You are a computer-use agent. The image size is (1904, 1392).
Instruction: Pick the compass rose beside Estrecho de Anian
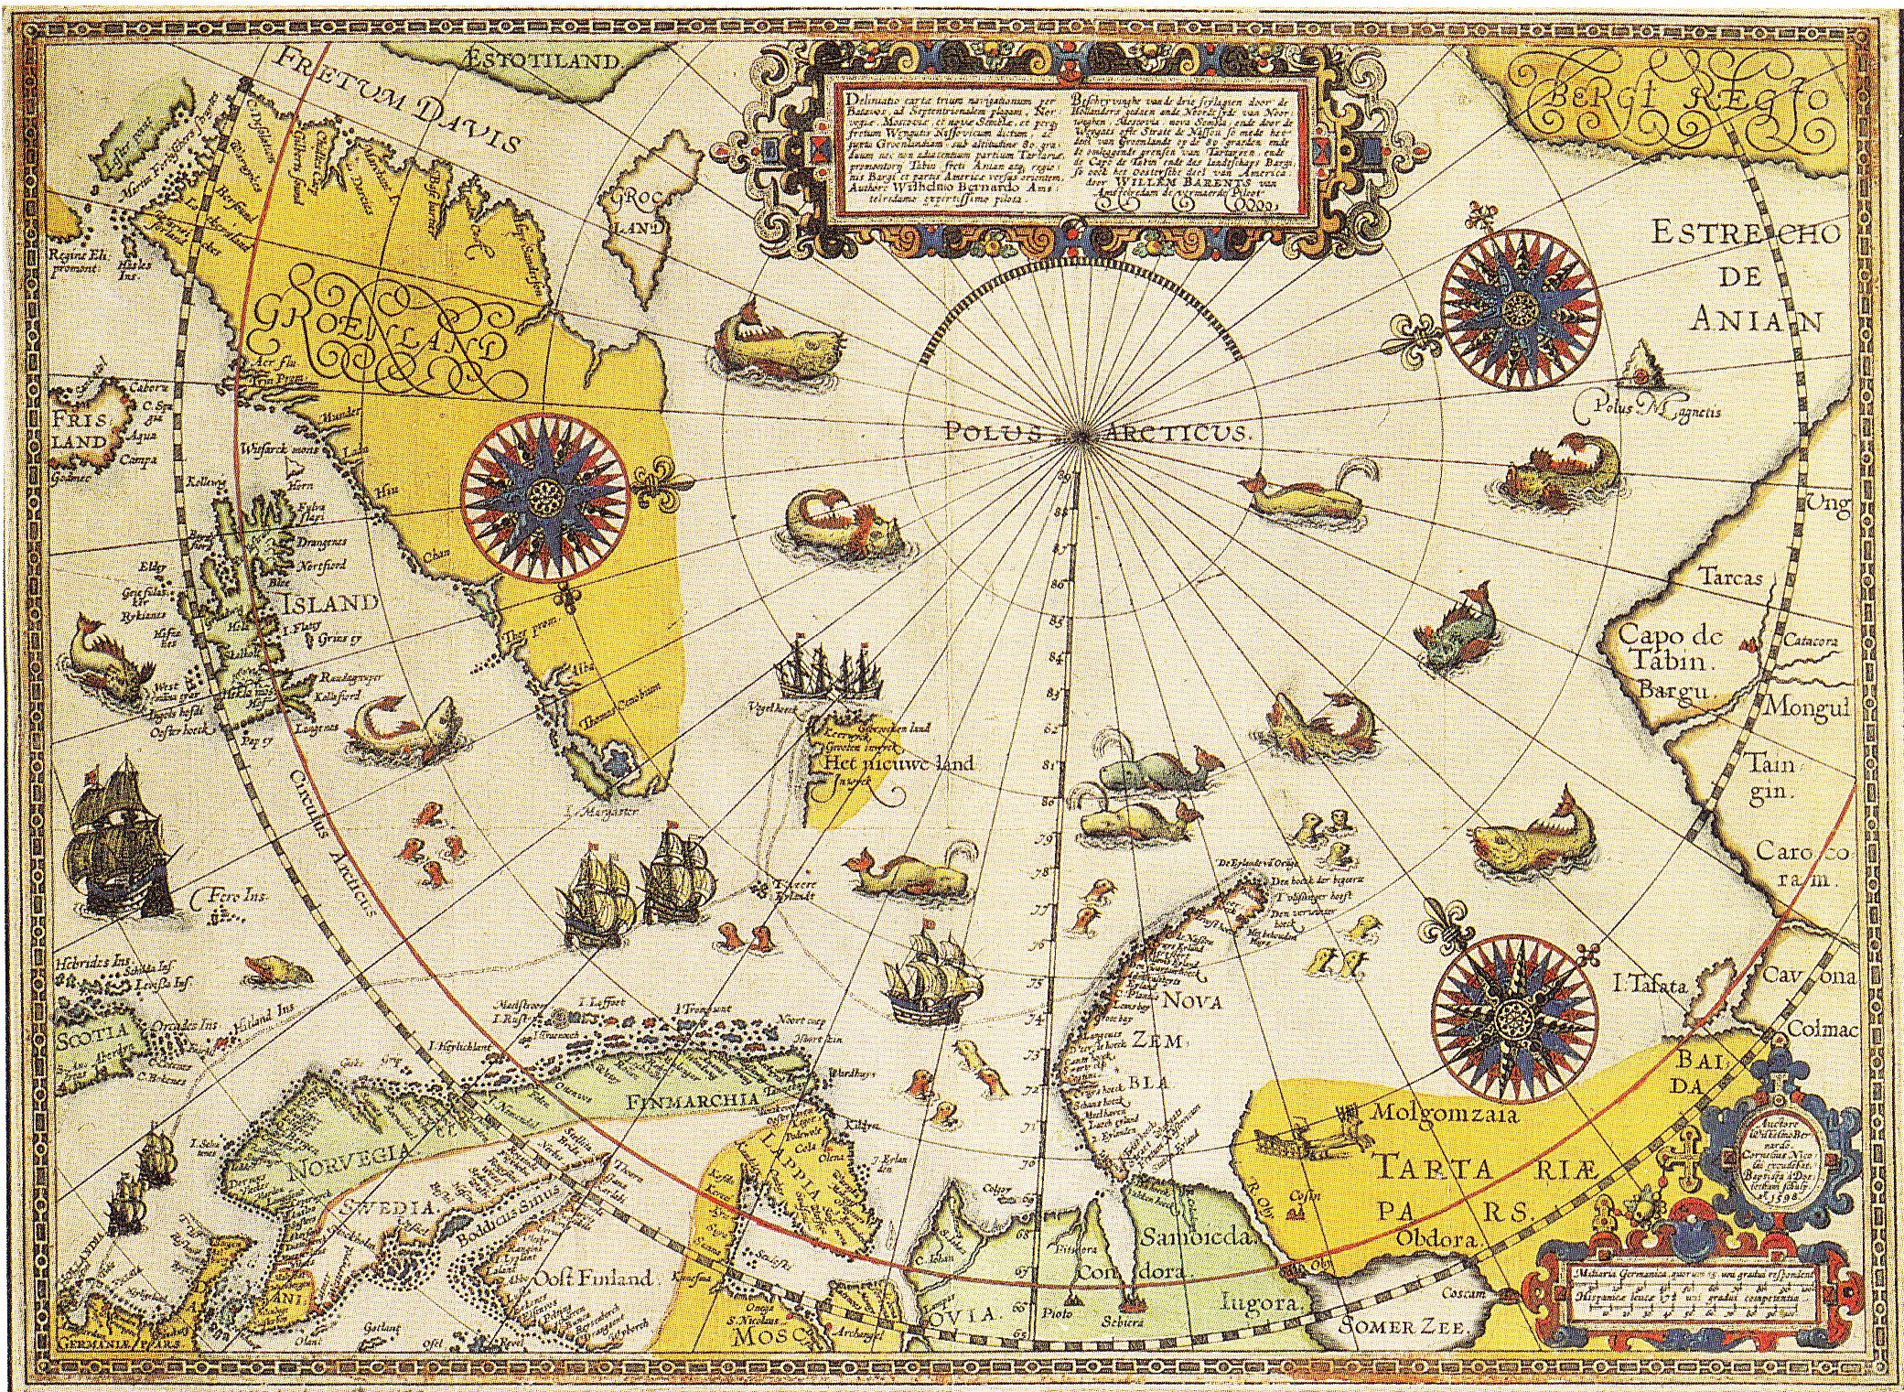pos(1520,306)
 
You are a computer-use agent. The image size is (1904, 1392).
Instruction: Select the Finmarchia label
pos(694,1100)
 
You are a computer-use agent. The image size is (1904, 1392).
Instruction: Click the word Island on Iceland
pos(329,602)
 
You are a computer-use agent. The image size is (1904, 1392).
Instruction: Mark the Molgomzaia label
pos(1444,1114)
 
